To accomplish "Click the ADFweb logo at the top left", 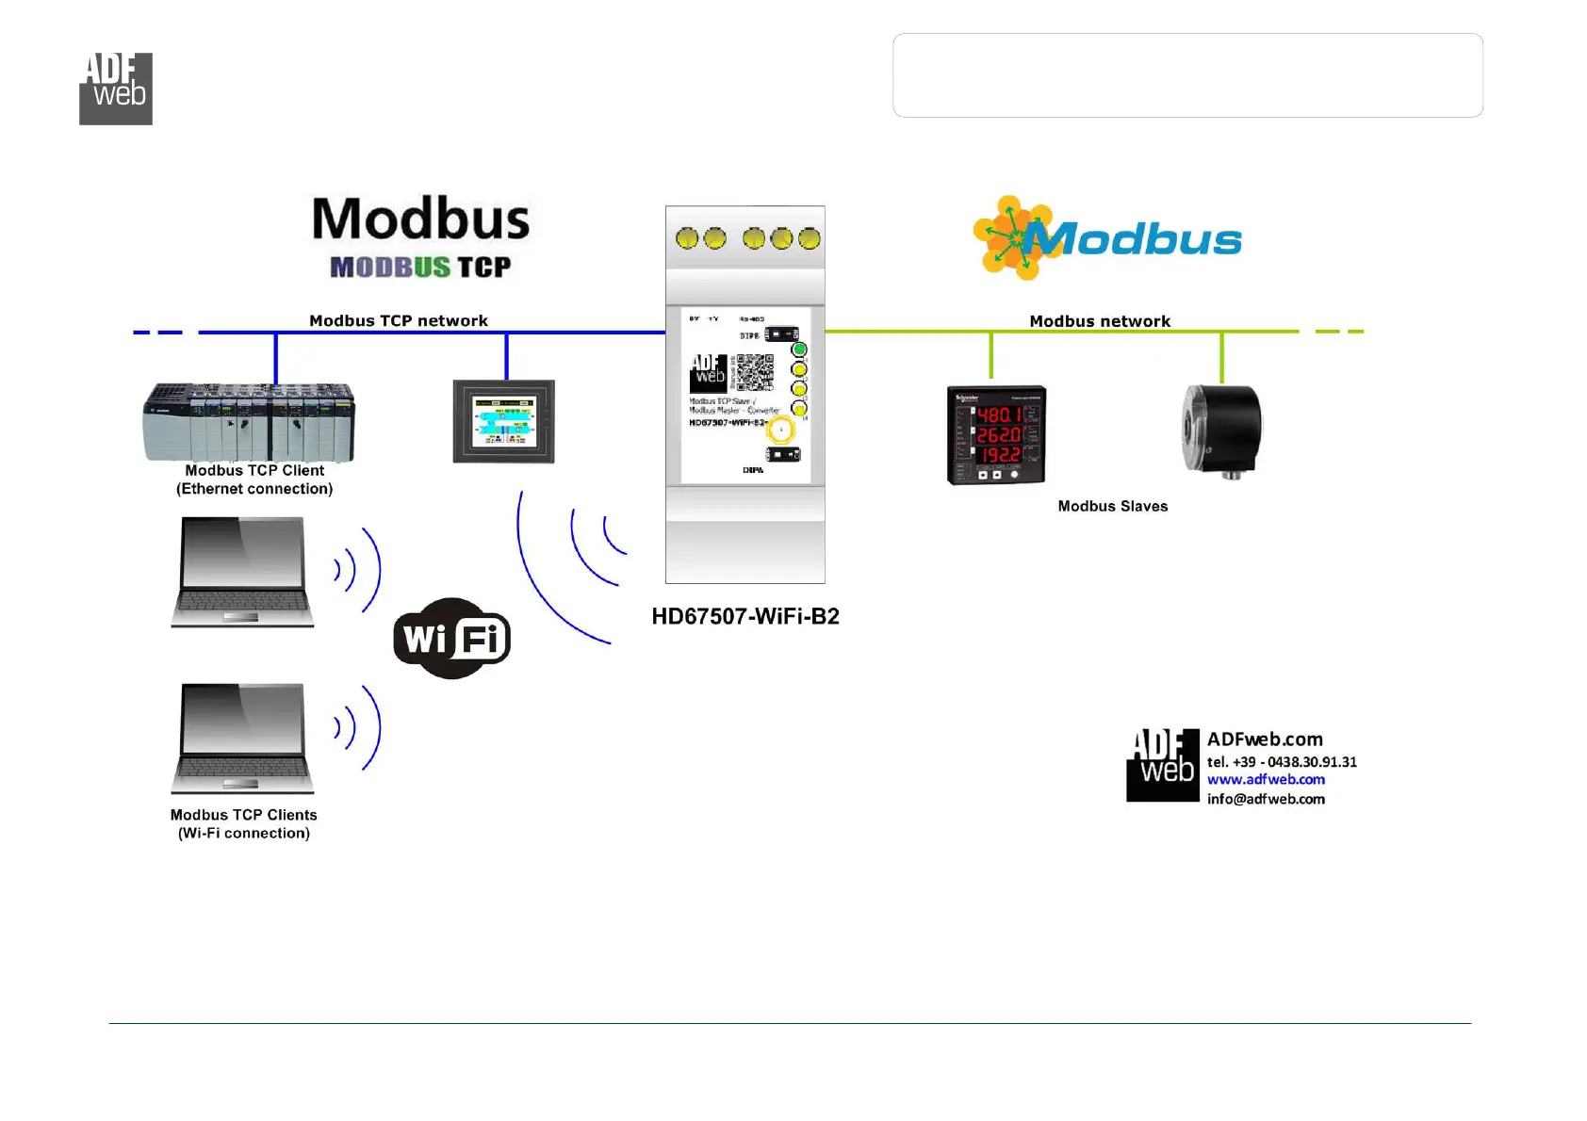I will [x=115, y=89].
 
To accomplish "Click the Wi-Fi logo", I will [x=451, y=639].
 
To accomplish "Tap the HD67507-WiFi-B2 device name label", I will [x=744, y=617].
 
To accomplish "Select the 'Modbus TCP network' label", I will [x=399, y=321].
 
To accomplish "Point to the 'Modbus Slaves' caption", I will [x=1112, y=507].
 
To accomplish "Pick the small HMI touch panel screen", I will [x=503, y=422].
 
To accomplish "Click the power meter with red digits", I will [x=996, y=434].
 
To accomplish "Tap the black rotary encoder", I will [x=1221, y=431].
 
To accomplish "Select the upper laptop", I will [x=242, y=572].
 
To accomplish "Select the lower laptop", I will [x=242, y=739].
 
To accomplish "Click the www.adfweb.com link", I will [x=1266, y=780].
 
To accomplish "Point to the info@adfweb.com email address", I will [x=1266, y=799].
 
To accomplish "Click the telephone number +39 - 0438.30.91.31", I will [x=1282, y=762].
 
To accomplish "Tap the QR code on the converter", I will [x=755, y=372].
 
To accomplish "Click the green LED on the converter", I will [x=799, y=349].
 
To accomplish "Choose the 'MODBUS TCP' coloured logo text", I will [x=420, y=268].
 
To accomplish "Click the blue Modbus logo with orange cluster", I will [x=1107, y=238].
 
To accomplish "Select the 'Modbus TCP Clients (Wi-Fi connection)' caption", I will [x=243, y=824].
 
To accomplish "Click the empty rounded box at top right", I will [x=1187, y=75].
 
